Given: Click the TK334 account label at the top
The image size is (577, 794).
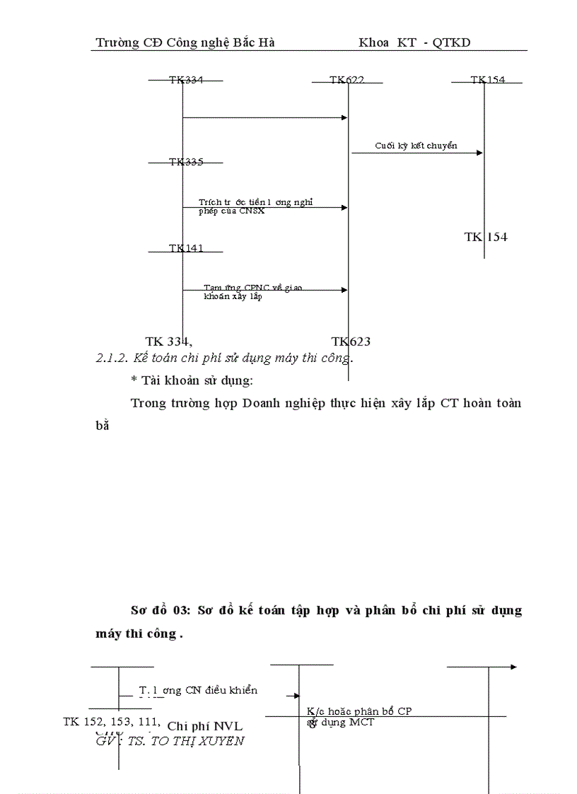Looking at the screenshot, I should click(x=185, y=80).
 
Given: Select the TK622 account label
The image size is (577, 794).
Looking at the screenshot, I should click(x=346, y=80).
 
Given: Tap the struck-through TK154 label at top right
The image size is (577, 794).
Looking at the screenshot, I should click(x=488, y=80).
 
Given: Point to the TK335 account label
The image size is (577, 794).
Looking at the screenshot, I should click(x=185, y=162).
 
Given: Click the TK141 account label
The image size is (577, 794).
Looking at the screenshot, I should click(x=185, y=248).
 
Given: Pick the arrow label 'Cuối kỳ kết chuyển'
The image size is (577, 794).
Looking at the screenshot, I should click(x=416, y=146).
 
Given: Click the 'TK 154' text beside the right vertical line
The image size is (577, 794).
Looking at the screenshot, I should click(x=486, y=237).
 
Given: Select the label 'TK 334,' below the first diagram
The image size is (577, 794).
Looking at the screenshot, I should click(x=169, y=341).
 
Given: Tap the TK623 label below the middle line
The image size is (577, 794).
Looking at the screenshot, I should click(x=351, y=341).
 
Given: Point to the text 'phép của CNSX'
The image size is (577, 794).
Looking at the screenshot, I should click(x=232, y=211).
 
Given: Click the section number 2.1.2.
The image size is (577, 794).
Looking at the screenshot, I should click(x=112, y=358).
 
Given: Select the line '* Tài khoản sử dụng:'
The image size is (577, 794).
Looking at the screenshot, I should click(x=192, y=380).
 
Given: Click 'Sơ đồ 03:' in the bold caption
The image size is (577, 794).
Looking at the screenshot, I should click(x=158, y=610).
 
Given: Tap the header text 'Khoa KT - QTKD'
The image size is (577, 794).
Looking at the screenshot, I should click(x=414, y=42).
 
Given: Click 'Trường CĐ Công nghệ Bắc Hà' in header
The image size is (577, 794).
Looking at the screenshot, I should click(x=185, y=42).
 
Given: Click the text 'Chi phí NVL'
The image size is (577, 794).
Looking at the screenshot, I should click(x=205, y=725).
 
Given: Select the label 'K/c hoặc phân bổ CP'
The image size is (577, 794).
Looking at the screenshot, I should click(x=359, y=711).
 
